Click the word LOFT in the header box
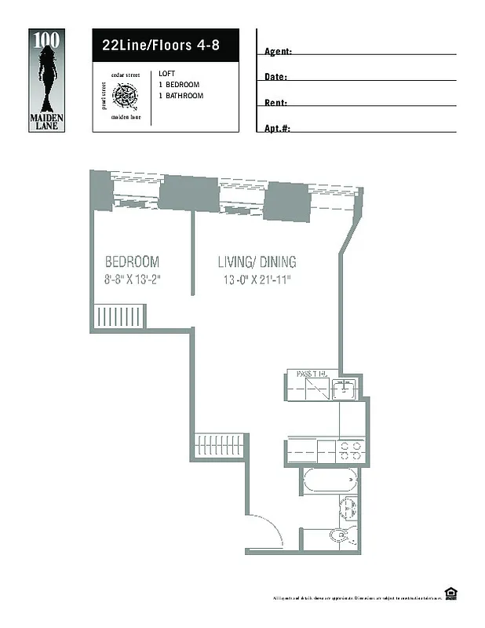[166, 73]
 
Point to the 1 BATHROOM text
[181, 96]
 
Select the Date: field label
[275, 77]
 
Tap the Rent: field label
[275, 103]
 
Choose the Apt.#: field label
[278, 128]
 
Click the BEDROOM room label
[133, 261]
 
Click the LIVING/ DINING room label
[257, 261]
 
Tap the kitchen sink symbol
[345, 388]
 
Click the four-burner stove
[349, 450]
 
